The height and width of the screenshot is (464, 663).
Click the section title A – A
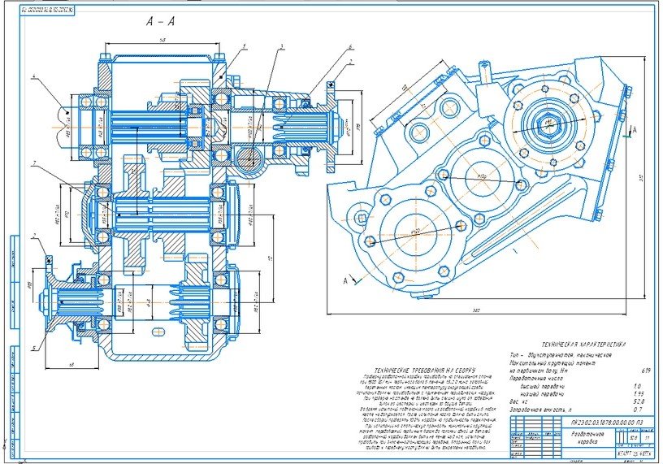[x=159, y=21]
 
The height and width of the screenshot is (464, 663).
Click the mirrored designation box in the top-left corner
[x=37, y=11]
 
